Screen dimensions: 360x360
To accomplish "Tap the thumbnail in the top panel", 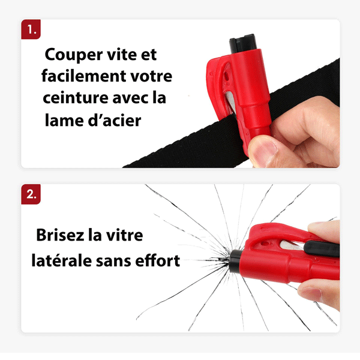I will [264, 147].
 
